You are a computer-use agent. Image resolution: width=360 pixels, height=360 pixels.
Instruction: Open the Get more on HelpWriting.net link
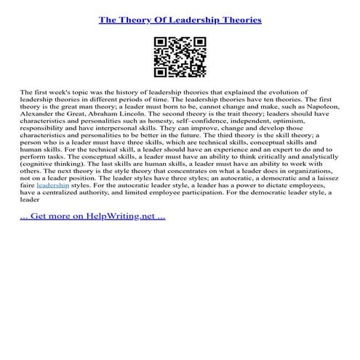pyautogui.click(x=94, y=216)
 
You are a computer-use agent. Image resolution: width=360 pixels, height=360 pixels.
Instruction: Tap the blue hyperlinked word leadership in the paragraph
pyautogui.click(x=52, y=185)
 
